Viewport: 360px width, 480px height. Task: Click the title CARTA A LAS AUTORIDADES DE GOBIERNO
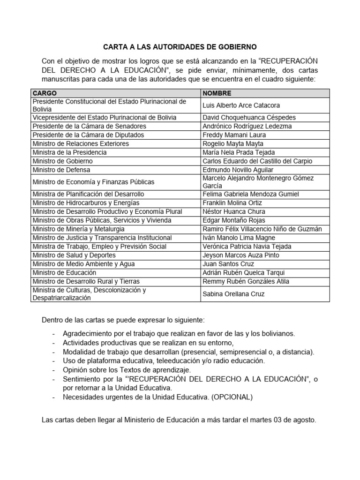click(180, 47)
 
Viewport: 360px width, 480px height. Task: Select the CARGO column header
click(45, 93)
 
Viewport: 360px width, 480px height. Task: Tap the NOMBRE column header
click(217, 93)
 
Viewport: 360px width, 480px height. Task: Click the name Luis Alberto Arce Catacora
click(241, 105)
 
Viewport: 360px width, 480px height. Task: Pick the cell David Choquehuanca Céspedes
click(249, 118)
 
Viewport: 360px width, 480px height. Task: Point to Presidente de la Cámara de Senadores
click(89, 126)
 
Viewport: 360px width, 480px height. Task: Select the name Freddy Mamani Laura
click(234, 135)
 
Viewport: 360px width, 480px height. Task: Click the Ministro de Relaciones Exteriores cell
click(81, 143)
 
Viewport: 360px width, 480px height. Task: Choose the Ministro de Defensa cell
click(61, 170)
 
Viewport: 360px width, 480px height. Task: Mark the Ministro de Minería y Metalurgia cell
click(78, 229)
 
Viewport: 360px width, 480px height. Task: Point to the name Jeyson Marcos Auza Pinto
click(240, 255)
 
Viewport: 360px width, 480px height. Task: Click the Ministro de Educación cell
click(64, 272)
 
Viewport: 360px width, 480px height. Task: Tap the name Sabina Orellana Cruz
click(233, 294)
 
